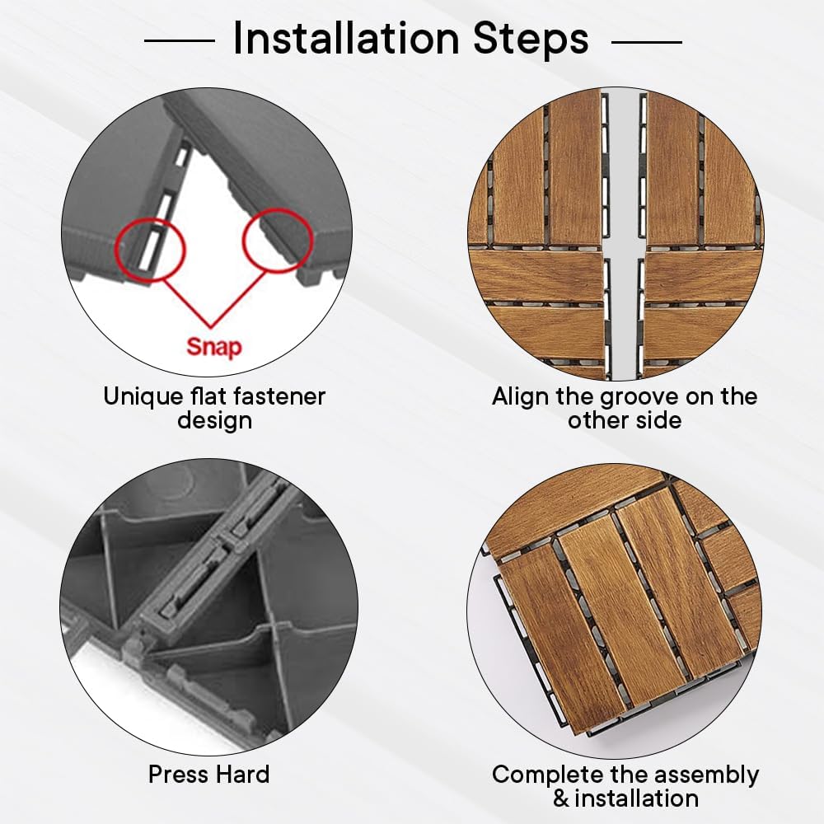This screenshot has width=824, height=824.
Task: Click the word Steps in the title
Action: pyautogui.click(x=531, y=40)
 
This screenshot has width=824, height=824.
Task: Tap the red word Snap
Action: pyautogui.click(x=214, y=347)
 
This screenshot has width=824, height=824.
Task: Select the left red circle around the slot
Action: pyautogui.click(x=150, y=250)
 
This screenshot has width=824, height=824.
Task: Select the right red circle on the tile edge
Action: pyautogui.click(x=278, y=240)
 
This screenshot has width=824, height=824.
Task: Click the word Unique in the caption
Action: pyautogui.click(x=137, y=397)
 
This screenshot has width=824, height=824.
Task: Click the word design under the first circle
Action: pyautogui.click(x=214, y=421)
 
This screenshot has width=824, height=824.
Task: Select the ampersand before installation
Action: pyautogui.click(x=561, y=799)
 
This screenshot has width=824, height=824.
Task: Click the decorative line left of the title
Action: pyautogui.click(x=180, y=40)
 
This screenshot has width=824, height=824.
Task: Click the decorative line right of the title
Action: pyautogui.click(x=647, y=41)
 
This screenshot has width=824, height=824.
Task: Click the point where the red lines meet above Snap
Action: pyautogui.click(x=212, y=326)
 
